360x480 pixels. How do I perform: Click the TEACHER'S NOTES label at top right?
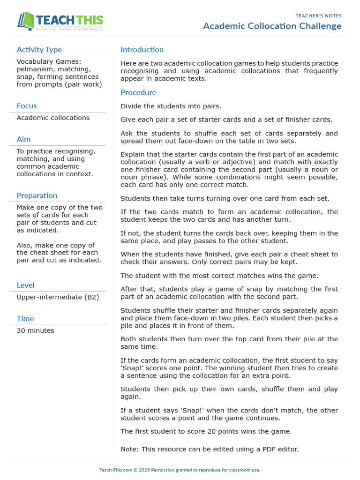(x=318, y=16)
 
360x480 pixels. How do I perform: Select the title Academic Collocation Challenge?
(x=272, y=26)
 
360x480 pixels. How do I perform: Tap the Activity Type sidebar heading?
(x=39, y=50)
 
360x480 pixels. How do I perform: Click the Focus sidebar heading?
(x=27, y=106)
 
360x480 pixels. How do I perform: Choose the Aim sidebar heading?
(x=23, y=139)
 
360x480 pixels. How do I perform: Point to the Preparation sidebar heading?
(x=37, y=195)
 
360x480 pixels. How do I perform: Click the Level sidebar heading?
(x=25, y=285)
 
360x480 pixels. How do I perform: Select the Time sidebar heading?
(x=25, y=319)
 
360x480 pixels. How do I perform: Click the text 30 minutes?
(x=35, y=331)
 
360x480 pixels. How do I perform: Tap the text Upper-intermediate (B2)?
(x=58, y=297)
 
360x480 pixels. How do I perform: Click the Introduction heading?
(x=142, y=50)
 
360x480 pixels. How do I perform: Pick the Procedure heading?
(x=138, y=92)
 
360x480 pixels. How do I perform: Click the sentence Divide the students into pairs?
(x=171, y=106)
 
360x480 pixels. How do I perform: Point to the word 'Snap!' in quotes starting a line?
(x=131, y=368)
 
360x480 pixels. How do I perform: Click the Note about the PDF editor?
(x=209, y=449)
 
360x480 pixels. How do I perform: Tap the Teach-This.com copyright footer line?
(x=180, y=470)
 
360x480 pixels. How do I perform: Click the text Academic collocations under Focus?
(x=53, y=118)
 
